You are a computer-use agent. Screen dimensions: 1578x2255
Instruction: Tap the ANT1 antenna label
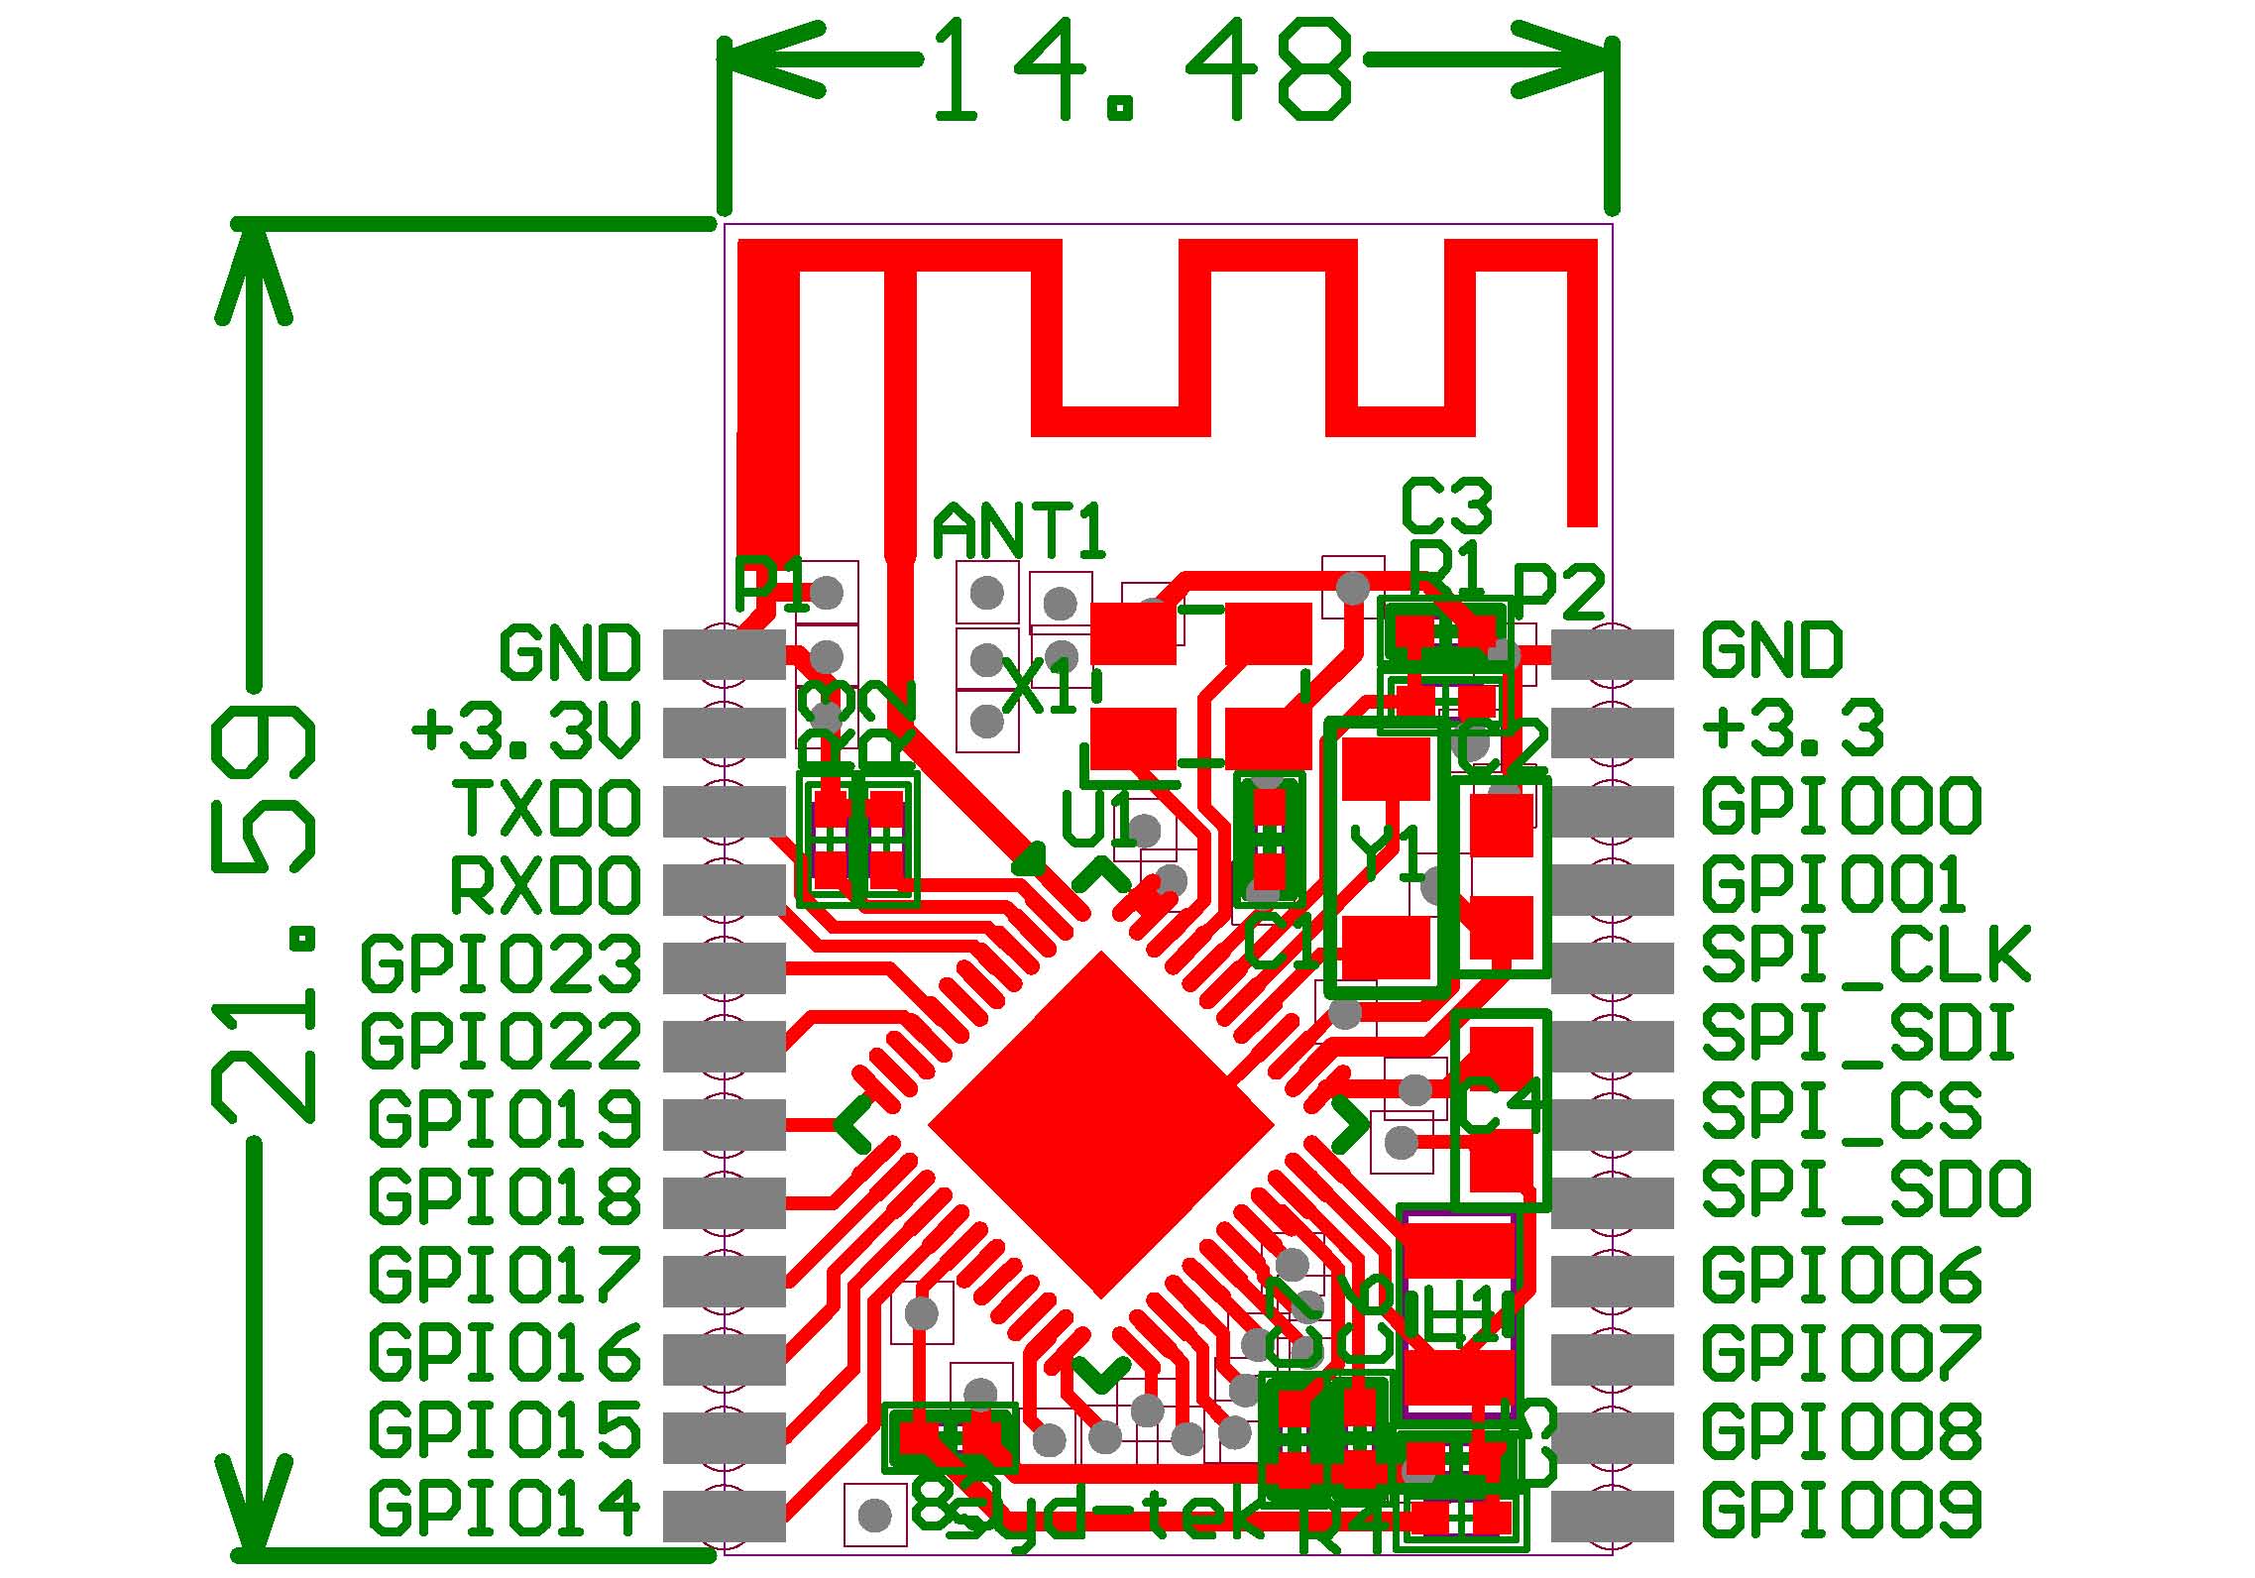coord(1019,532)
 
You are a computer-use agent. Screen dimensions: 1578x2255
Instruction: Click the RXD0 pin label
coord(545,885)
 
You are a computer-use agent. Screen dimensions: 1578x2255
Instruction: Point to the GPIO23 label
coord(501,963)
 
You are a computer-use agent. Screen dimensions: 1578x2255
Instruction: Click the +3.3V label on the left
coord(525,731)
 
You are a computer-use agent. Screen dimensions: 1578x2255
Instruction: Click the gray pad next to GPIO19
coord(724,1120)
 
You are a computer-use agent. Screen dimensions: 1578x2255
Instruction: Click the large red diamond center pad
coord(1100,1125)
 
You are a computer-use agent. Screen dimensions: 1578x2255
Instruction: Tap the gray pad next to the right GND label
coord(1612,654)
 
